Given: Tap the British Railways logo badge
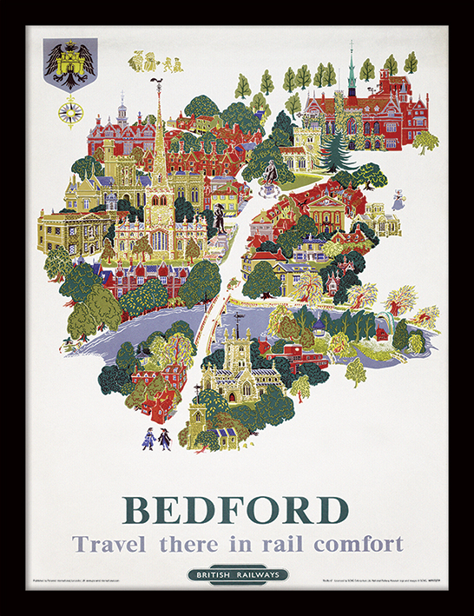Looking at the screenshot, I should (237, 574).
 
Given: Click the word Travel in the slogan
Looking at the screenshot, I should (109, 545).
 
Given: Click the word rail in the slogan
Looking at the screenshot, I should (278, 545).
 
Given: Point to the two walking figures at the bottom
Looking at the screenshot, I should (157, 438).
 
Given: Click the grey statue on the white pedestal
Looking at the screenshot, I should (271, 173).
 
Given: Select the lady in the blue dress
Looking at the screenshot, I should (398, 200).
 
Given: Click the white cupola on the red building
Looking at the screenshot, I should (122, 114).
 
